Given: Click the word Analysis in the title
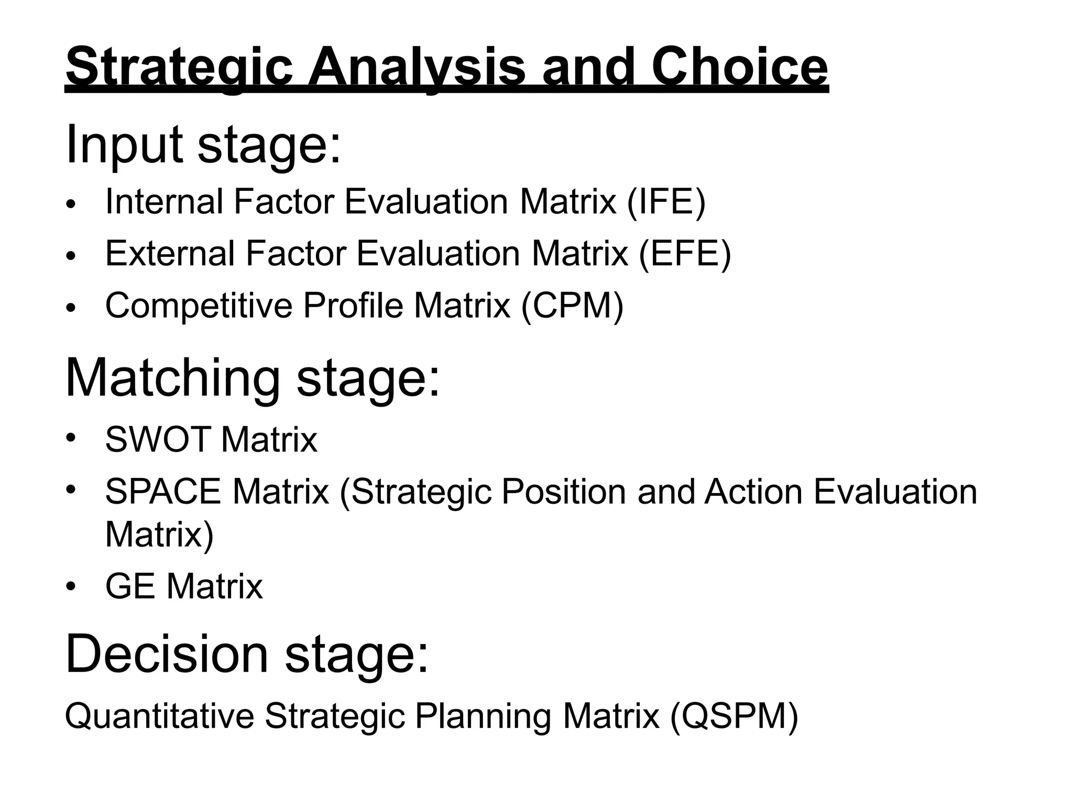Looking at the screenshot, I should coord(417,67).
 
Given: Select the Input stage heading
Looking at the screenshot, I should coord(203,144).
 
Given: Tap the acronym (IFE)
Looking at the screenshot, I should coord(666,202).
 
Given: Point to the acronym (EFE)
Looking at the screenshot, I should coord(685,254).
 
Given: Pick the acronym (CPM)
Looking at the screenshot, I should coord(572,306).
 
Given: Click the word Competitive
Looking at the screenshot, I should coord(199,306).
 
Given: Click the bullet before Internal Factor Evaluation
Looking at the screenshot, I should coord(72,204).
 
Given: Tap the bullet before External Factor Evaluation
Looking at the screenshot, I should coord(72,256).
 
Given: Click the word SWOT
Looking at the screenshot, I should coord(158,439).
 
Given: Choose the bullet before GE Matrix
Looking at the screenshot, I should coord(72,586).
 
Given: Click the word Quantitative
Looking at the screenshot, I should coord(159,716).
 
